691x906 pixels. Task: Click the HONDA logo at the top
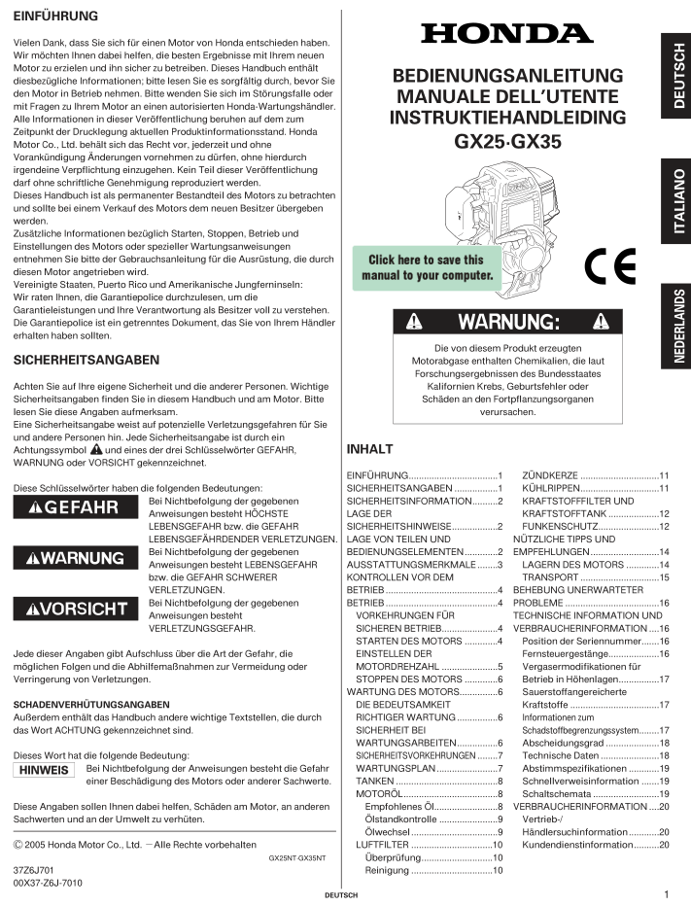(x=506, y=34)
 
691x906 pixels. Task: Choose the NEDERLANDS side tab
(x=676, y=327)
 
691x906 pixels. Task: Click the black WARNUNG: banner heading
(x=506, y=321)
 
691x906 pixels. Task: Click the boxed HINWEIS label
(x=46, y=770)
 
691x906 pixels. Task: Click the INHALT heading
(x=369, y=450)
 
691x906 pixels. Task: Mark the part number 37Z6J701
(x=33, y=869)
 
